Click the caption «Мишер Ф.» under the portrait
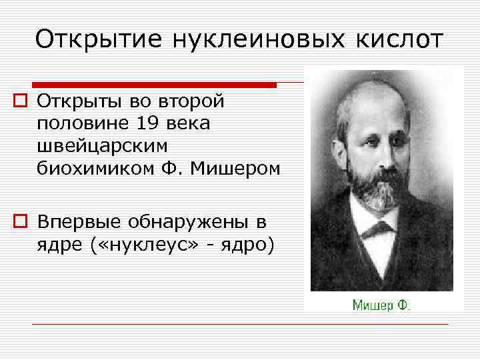click(381, 305)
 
